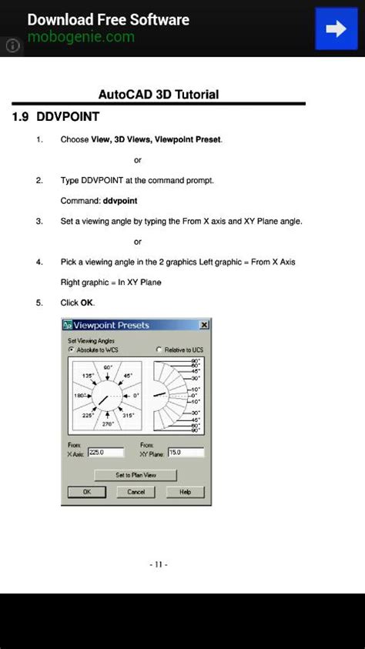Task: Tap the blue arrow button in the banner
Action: (x=337, y=28)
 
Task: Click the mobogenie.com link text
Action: (x=81, y=37)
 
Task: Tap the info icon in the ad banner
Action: (x=12, y=45)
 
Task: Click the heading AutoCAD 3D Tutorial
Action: (x=159, y=95)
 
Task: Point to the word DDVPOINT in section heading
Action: (x=68, y=118)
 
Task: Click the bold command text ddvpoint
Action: (x=120, y=201)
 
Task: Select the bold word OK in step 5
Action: (x=87, y=303)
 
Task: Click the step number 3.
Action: (x=39, y=221)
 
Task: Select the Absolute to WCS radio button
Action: (x=72, y=350)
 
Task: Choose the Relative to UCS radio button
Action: (x=159, y=350)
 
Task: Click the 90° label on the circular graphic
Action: (x=108, y=368)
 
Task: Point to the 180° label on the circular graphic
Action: (x=79, y=396)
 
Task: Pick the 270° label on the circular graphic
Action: (x=108, y=423)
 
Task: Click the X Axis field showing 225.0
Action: (x=105, y=453)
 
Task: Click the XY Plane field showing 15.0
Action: (x=185, y=453)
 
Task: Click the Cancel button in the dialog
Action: (x=136, y=492)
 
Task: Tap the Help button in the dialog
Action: (x=185, y=492)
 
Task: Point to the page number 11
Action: (x=159, y=564)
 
